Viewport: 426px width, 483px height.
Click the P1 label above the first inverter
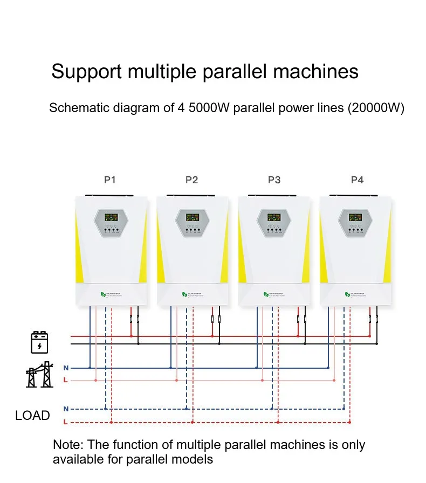coord(110,180)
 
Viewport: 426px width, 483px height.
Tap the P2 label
coord(192,180)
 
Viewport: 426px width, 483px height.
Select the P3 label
coord(274,180)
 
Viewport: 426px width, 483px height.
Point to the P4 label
coord(357,180)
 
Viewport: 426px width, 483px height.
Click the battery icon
coord(39,342)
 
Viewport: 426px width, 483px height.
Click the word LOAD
coord(32,416)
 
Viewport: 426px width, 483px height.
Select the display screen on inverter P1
coord(111,218)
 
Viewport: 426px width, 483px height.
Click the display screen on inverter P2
coord(193,218)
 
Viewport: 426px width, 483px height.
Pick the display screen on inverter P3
coord(274,218)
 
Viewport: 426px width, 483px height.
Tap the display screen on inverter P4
coord(356,218)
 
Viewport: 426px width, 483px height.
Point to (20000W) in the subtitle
coord(376,108)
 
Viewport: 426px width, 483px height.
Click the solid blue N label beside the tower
coord(66,368)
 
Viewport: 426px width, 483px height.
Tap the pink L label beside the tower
coord(66,381)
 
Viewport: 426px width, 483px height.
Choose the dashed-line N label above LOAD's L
coord(66,409)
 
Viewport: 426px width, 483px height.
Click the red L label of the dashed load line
coord(66,422)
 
